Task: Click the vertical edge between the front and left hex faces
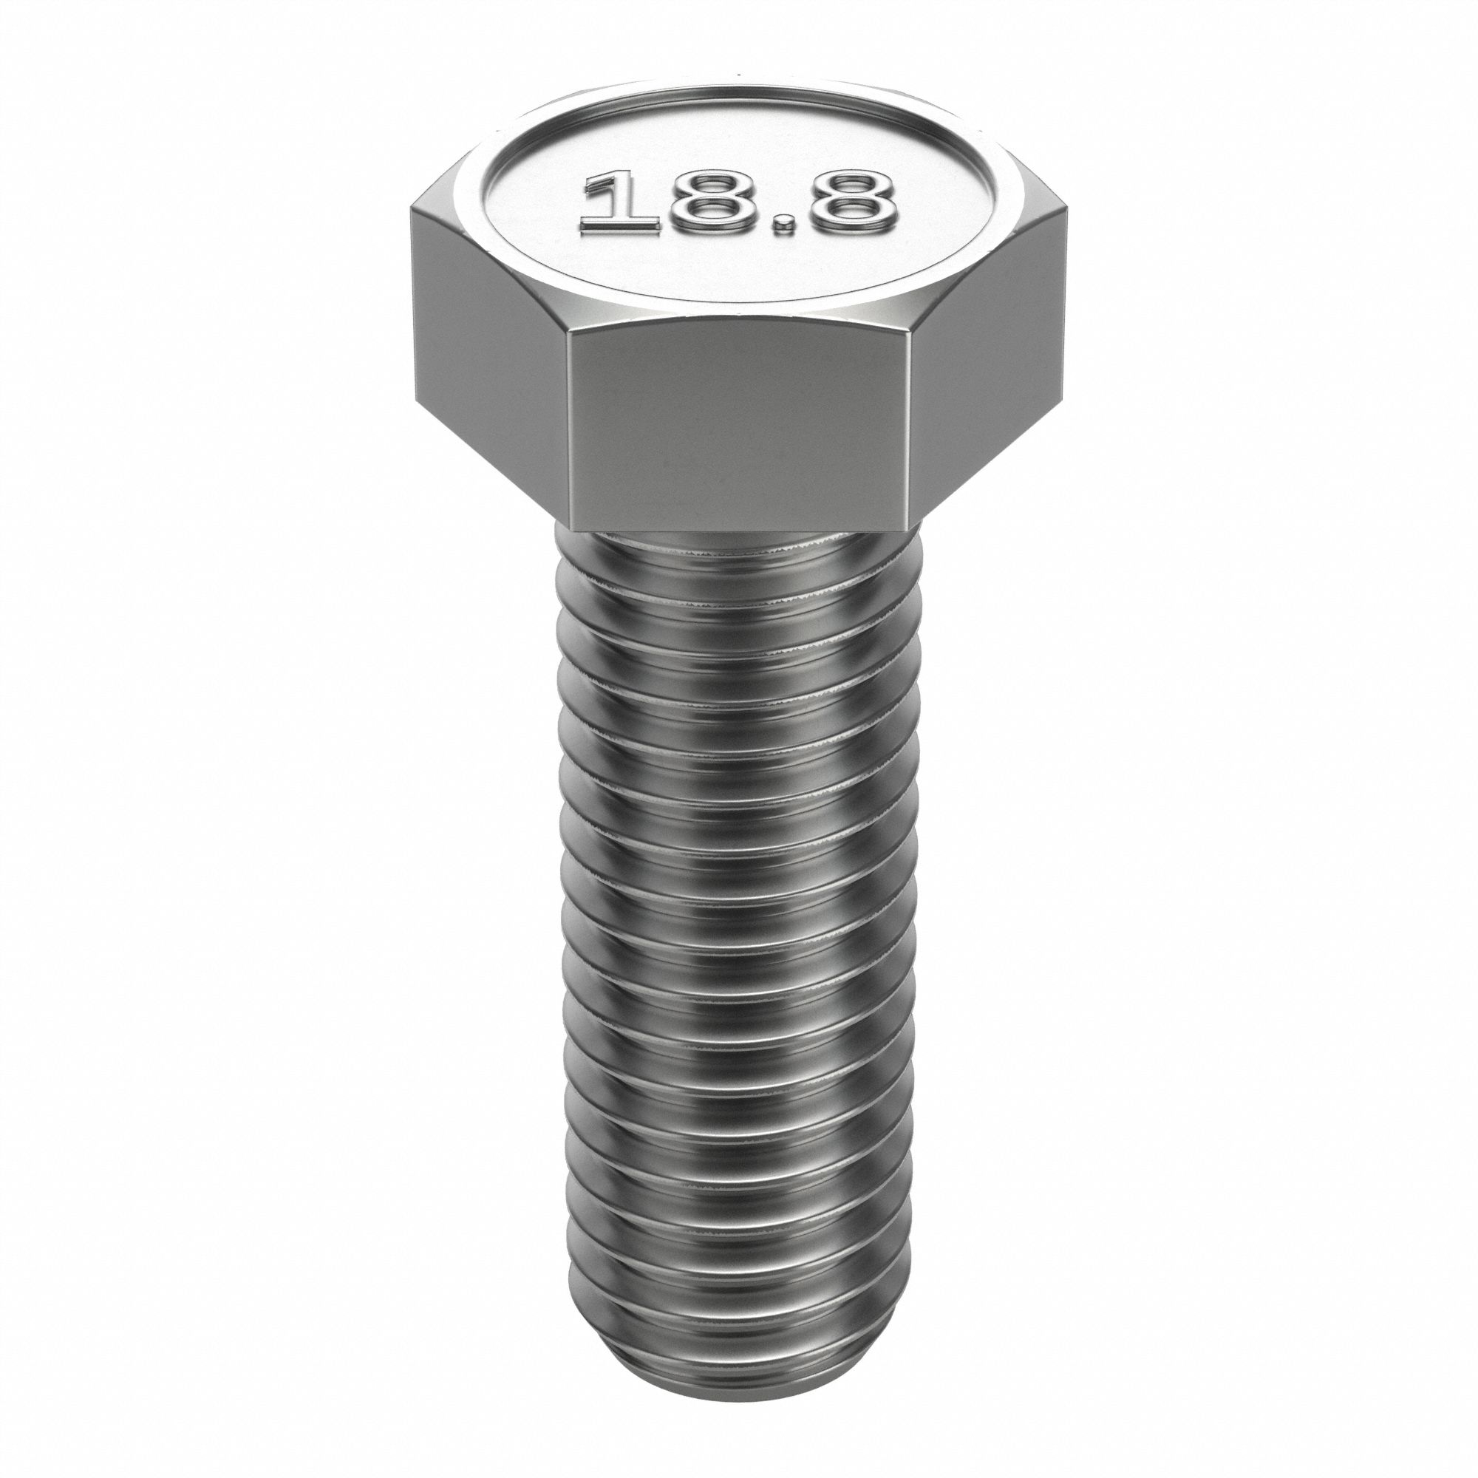click(x=571, y=429)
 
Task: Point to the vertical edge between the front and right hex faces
click(x=910, y=429)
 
